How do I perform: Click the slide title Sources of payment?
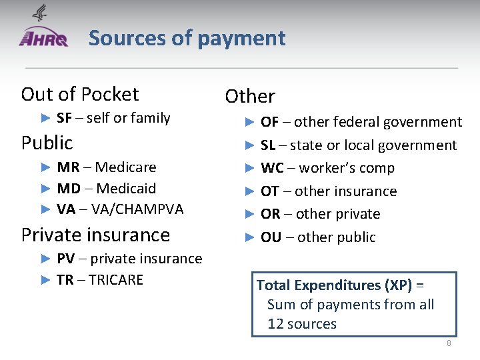pos(187,38)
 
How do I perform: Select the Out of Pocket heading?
pos(80,94)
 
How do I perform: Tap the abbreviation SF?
pos(65,118)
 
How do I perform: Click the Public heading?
pos(47,143)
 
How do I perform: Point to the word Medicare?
pos(126,167)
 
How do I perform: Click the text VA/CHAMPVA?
pos(137,209)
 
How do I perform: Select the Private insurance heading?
pos(95,235)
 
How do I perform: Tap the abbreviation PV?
pos(65,259)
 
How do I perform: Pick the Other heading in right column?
pos(250,97)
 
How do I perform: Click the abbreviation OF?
pos(269,122)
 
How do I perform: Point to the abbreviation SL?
pos(268,145)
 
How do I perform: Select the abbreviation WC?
pos(272,168)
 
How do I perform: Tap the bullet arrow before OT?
pos(250,191)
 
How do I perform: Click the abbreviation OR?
pos(270,214)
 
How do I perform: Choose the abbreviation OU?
pos(271,237)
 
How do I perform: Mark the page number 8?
pos(449,343)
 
